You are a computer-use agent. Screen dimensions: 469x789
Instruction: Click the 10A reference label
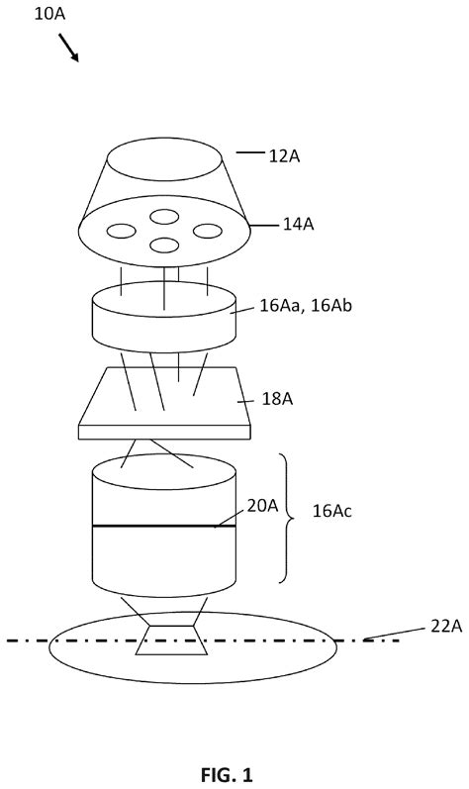pyautogui.click(x=49, y=14)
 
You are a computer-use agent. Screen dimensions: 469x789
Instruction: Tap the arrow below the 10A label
pyautogui.click(x=69, y=48)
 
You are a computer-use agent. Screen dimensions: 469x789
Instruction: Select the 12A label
pyautogui.click(x=284, y=156)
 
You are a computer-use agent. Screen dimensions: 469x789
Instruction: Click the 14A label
pyautogui.click(x=298, y=225)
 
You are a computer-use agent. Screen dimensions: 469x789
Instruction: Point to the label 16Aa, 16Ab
pyautogui.click(x=306, y=306)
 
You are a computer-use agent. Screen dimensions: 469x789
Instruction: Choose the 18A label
pyautogui.click(x=277, y=399)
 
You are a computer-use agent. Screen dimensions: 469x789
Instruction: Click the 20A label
pyautogui.click(x=262, y=506)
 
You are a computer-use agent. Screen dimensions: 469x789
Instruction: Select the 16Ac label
pyautogui.click(x=332, y=511)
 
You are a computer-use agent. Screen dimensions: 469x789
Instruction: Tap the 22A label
pyautogui.click(x=446, y=627)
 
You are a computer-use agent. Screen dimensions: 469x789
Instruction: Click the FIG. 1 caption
pyautogui.click(x=227, y=774)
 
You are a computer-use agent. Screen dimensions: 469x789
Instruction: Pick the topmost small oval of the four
pyautogui.click(x=164, y=217)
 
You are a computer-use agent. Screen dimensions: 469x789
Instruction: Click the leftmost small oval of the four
pyautogui.click(x=121, y=231)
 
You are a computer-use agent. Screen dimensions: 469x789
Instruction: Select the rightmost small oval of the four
pyautogui.click(x=208, y=231)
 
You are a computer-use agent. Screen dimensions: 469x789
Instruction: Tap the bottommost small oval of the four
pyautogui.click(x=164, y=246)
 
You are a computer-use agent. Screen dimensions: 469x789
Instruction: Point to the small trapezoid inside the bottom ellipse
pyautogui.click(x=171, y=641)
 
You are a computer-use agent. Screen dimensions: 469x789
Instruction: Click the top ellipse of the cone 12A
pyautogui.click(x=164, y=159)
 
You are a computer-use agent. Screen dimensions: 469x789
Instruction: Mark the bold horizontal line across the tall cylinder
pyautogui.click(x=164, y=527)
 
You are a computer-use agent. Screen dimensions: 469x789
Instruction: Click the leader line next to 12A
pyautogui.click(x=249, y=152)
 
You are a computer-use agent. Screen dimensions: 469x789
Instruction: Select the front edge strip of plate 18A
pyautogui.click(x=164, y=433)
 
